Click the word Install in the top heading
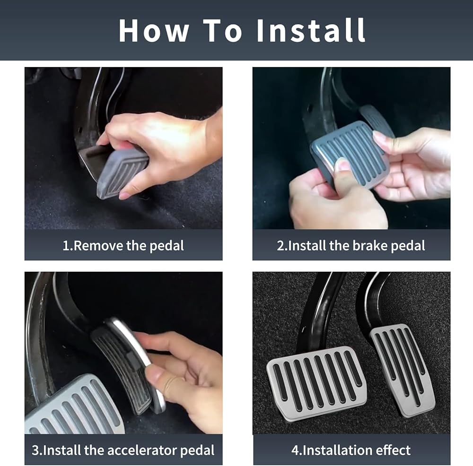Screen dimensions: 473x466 click(x=311, y=30)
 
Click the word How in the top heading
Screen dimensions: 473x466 click(x=154, y=30)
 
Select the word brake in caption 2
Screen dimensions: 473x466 click(x=370, y=246)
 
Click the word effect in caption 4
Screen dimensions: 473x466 click(x=393, y=450)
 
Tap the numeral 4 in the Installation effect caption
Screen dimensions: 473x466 click(x=295, y=450)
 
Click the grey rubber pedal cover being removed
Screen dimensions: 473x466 click(x=122, y=173)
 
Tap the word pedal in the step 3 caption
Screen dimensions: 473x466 click(x=197, y=450)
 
